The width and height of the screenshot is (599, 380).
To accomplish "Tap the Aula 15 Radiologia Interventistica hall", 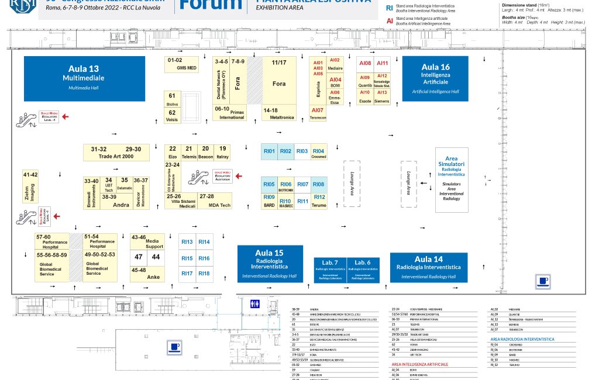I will click(270, 263).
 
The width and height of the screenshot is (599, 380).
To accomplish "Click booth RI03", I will click(302, 152).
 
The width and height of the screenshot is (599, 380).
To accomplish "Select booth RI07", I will click(302, 185).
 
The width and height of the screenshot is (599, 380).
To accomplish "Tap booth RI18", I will click(204, 274).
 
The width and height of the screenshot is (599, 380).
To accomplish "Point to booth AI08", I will click(365, 64).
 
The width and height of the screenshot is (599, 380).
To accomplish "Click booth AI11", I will click(382, 64).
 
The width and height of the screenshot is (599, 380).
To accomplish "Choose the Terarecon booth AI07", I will click(318, 113).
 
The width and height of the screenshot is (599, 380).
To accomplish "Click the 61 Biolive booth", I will click(172, 99).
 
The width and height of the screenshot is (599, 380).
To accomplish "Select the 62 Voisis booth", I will click(172, 115).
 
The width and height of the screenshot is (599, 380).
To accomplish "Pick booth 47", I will click(139, 257).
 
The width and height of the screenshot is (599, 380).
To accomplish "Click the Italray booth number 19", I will click(222, 152).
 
